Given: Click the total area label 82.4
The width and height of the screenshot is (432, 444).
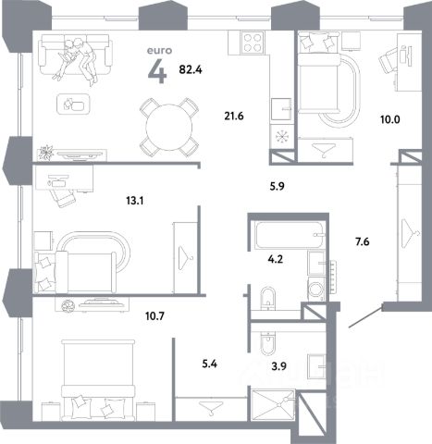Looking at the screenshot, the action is click(x=191, y=70).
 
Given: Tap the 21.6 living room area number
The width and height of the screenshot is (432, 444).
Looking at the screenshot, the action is click(x=234, y=117).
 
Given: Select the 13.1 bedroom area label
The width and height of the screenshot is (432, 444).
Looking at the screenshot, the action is click(x=135, y=202).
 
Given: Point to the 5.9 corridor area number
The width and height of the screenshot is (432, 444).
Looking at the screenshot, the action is click(x=277, y=186).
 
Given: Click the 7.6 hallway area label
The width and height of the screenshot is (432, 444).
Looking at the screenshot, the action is click(x=363, y=242).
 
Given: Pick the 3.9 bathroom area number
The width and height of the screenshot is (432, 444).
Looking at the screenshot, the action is click(x=279, y=366).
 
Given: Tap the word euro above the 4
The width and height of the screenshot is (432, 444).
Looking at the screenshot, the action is click(x=159, y=51).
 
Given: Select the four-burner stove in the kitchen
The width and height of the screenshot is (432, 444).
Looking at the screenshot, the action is click(x=253, y=43).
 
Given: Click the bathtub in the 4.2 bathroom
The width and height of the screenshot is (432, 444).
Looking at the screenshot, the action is click(x=290, y=235).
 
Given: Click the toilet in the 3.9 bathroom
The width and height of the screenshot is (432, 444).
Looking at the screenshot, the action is click(x=268, y=343).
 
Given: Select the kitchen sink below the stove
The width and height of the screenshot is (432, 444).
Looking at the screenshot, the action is click(x=281, y=109).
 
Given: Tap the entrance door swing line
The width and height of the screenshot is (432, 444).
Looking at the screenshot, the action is click(x=365, y=317).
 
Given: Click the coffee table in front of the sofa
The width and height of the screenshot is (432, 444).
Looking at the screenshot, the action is click(x=73, y=105).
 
